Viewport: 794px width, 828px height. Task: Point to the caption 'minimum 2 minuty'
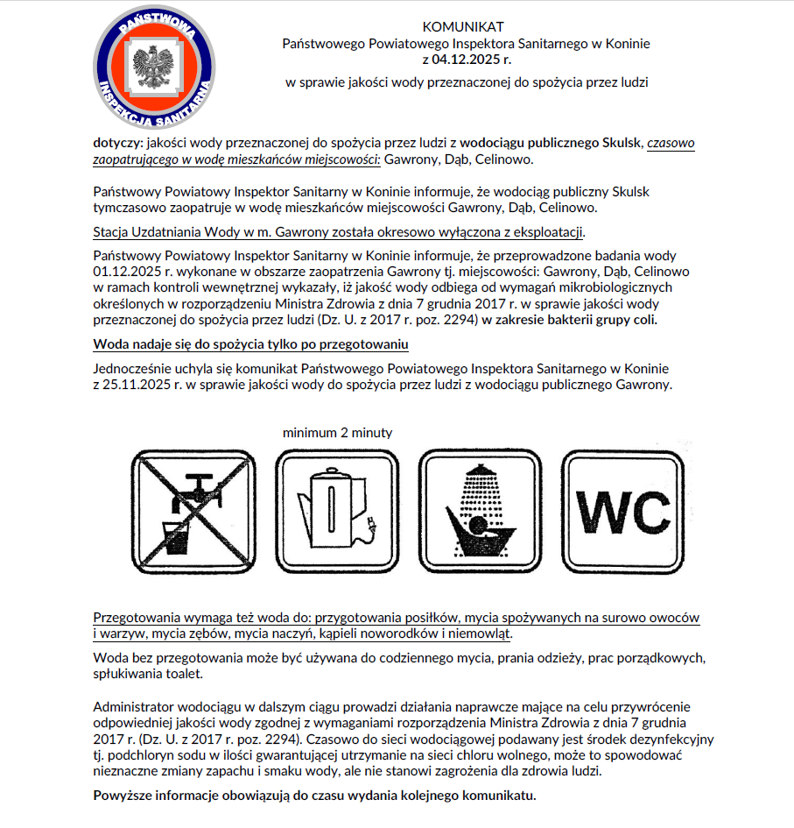pyautogui.click(x=337, y=433)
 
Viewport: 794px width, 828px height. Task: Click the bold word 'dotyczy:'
pyautogui.click(x=119, y=141)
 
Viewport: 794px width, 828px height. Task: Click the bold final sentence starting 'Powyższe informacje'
pyautogui.click(x=313, y=796)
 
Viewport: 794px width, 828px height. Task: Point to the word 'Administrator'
pyautogui.click(x=133, y=707)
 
